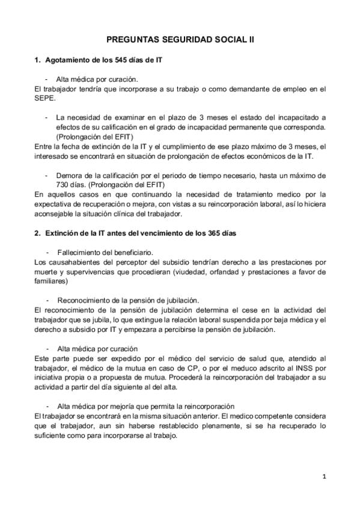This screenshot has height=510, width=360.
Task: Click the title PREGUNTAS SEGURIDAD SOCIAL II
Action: click(180, 38)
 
